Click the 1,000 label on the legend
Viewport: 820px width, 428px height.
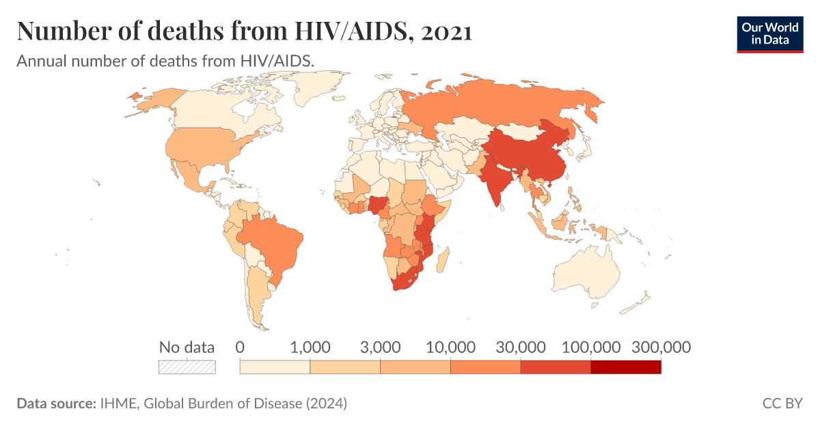coord(311,347)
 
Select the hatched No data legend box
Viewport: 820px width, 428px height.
coord(187,367)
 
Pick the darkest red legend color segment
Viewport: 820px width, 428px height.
coord(625,367)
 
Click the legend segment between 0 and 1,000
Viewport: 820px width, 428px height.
coord(275,367)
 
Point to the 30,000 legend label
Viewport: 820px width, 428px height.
coord(521,347)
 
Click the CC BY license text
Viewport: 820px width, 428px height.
coord(782,403)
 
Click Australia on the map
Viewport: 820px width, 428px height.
coord(588,273)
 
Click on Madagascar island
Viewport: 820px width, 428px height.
coord(443,259)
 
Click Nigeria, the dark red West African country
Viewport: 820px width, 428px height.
coord(377,204)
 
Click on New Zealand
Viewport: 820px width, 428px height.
coord(639,302)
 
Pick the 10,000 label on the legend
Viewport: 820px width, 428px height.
coord(450,347)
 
